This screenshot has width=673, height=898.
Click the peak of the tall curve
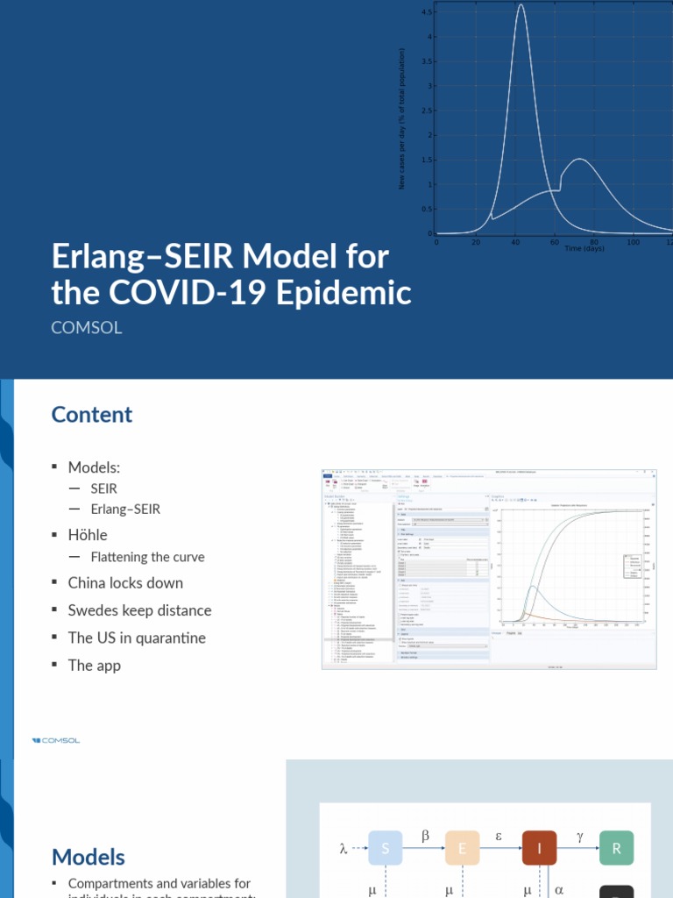(521, 5)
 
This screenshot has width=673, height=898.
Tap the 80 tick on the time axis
(594, 242)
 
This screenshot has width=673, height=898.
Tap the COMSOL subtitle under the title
(87, 328)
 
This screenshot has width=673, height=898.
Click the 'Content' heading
(92, 414)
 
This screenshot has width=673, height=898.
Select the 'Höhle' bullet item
(88, 534)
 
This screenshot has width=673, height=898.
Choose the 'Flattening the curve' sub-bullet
(147, 557)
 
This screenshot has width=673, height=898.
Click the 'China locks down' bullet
(125, 583)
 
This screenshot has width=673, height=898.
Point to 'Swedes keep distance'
(139, 610)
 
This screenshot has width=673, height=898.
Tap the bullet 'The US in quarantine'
(137, 638)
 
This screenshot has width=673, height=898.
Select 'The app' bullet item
(95, 665)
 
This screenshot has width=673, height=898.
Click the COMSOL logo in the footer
(56, 740)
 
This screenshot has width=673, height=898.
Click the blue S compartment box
(386, 848)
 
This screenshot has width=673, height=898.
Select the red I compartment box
(540, 848)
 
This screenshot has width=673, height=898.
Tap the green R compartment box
(616, 848)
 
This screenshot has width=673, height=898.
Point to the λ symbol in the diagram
(344, 848)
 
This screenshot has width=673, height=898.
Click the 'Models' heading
(89, 857)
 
